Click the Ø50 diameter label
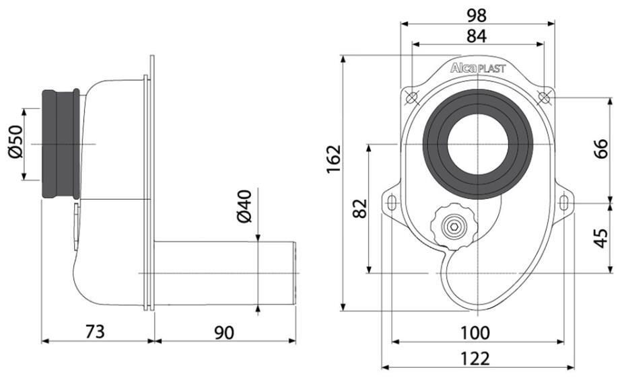click(15, 142)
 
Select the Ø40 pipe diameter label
click(244, 206)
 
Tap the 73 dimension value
click(95, 332)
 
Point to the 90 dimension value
click(224, 333)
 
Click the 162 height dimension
click(333, 159)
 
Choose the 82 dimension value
click(360, 208)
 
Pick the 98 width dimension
click(477, 15)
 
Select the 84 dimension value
click(477, 36)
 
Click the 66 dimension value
click(601, 149)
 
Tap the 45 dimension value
click(601, 238)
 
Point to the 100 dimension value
click(475, 333)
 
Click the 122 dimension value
click(475, 358)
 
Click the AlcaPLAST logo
click(478, 68)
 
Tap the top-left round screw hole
click(411, 98)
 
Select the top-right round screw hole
click(544, 98)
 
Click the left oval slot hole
click(391, 203)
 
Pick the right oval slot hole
click(564, 203)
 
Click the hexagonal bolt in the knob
click(454, 227)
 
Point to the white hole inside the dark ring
click(477, 144)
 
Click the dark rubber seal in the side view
click(61, 144)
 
